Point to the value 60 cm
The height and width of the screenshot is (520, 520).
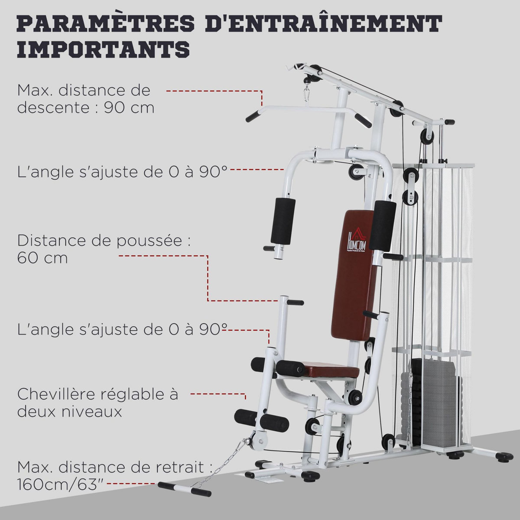pyautogui.click(x=42, y=258)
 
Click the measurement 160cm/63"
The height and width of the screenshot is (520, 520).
pyautogui.click(x=61, y=484)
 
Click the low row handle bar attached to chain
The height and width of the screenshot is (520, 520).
pyautogui.click(x=185, y=489)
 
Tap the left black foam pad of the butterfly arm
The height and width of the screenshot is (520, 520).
pyautogui.click(x=283, y=221)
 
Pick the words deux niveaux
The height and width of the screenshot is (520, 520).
pyautogui.click(x=69, y=412)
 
